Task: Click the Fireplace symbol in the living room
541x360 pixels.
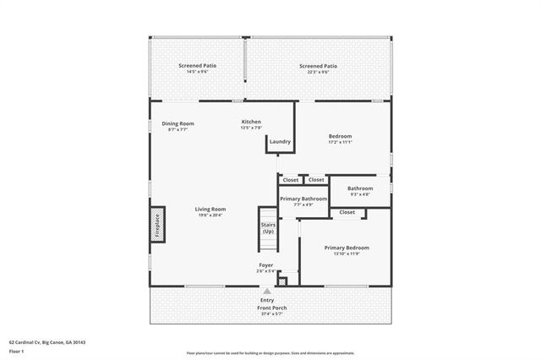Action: click(x=156, y=226)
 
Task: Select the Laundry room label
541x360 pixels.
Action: click(x=280, y=142)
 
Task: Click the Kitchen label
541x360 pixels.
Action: click(x=251, y=122)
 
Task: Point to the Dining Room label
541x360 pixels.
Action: click(x=178, y=123)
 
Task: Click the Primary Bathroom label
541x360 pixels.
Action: click(x=303, y=199)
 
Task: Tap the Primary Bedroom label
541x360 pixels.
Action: click(x=347, y=248)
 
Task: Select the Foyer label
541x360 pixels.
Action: click(x=265, y=265)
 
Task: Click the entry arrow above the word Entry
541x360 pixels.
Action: click(x=266, y=291)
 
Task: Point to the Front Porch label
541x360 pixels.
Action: click(x=271, y=308)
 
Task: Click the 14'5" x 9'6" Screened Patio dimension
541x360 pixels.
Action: click(x=197, y=72)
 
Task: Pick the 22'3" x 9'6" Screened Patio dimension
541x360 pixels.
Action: click(x=319, y=72)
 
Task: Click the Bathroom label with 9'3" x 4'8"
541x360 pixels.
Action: click(x=360, y=188)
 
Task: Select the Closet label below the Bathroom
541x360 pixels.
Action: click(x=347, y=212)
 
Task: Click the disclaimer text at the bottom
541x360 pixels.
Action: click(x=270, y=353)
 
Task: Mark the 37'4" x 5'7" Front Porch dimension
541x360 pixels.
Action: click(x=271, y=314)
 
